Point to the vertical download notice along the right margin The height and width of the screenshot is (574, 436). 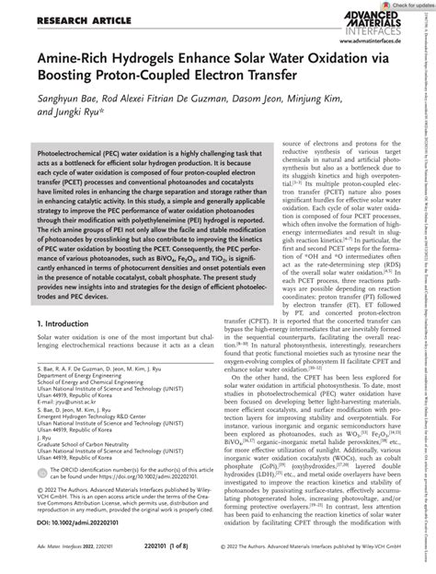pos(429,276)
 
